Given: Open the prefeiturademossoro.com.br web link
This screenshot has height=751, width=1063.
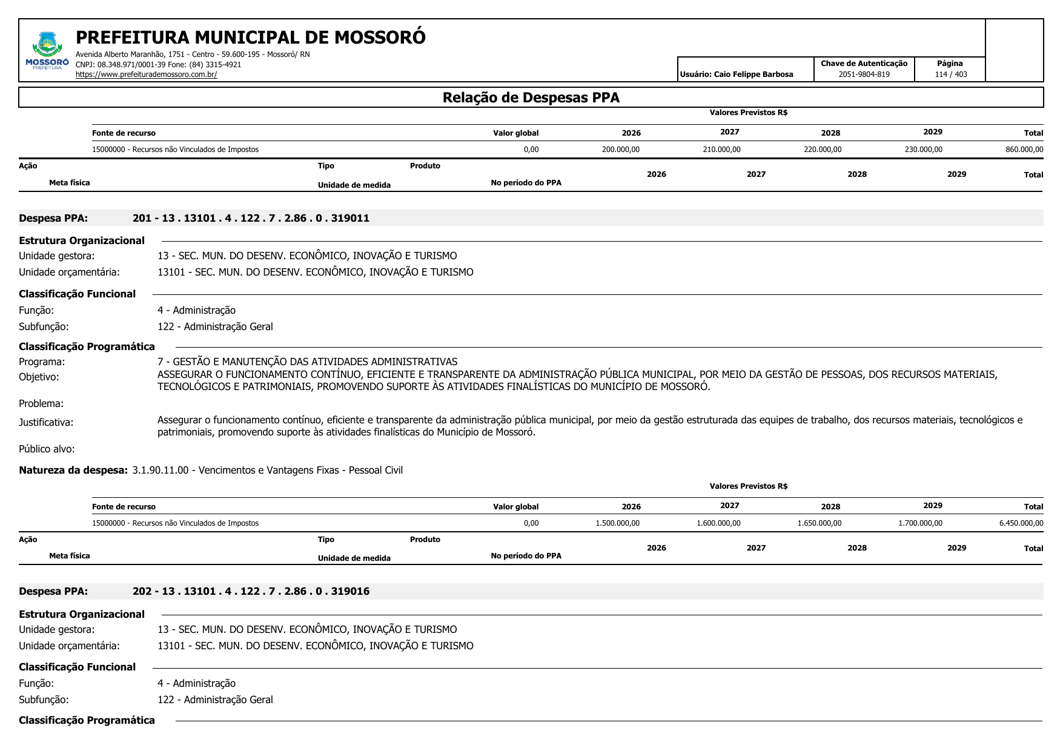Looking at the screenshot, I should click(146, 74).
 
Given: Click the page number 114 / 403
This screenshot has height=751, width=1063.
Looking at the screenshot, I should click(950, 74).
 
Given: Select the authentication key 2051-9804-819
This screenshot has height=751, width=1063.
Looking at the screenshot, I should click(864, 74).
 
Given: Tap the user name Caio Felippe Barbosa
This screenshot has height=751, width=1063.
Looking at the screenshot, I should click(737, 74).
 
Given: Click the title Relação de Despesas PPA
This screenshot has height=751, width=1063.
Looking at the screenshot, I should click(531, 98).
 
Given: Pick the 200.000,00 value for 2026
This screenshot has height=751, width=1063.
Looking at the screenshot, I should click(620, 150).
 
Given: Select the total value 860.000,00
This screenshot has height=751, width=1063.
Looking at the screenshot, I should click(1024, 150).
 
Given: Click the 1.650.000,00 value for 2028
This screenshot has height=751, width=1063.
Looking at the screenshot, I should click(819, 523).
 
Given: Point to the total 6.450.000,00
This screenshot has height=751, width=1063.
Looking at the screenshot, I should click(1021, 523).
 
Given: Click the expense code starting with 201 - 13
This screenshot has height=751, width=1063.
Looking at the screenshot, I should click(251, 218).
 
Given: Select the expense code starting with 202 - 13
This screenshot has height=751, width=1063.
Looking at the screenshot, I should click(251, 591).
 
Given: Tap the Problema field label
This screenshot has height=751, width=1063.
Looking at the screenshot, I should click(41, 403).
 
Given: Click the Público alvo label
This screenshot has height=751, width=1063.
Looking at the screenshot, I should click(47, 449).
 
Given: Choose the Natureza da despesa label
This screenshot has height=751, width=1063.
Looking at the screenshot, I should click(73, 470).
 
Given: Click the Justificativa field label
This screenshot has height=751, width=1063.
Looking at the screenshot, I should click(46, 422).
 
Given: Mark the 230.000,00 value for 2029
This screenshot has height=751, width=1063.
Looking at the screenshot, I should click(923, 150).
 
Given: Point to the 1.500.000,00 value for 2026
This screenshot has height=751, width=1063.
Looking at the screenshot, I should click(617, 523).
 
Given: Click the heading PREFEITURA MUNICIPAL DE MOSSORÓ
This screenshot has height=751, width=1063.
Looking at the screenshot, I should click(250, 38).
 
